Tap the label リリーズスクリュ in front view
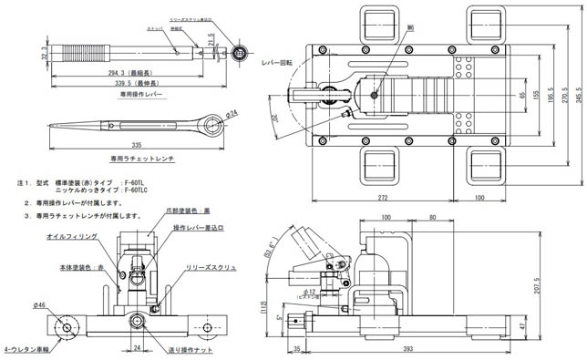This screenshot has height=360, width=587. [211, 269]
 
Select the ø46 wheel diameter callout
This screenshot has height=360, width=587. [43, 304]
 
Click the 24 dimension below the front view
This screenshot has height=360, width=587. [136, 348]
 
